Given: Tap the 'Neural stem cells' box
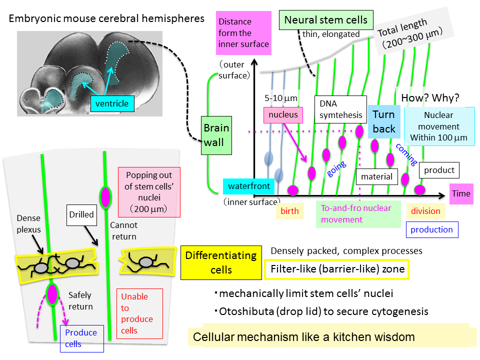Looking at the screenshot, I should (325, 20).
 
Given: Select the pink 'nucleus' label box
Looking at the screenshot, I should (283, 114).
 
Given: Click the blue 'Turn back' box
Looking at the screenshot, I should (383, 121).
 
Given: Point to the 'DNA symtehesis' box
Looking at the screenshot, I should (340, 109).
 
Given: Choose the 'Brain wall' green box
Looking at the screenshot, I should (216, 135).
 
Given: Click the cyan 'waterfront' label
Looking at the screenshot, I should (248, 186).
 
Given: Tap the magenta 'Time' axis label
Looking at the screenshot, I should (460, 193).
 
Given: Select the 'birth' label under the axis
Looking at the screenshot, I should (289, 211).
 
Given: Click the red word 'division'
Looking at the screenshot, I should (425, 211).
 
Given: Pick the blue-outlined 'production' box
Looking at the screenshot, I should (431, 229).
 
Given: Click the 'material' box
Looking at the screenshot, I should (376, 176).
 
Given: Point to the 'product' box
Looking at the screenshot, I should (439, 170).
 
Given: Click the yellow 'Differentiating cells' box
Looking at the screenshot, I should (220, 262).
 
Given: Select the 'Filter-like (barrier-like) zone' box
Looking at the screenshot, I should (337, 269).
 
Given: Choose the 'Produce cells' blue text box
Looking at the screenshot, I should (81, 338).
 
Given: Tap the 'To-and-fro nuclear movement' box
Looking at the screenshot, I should (355, 213).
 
